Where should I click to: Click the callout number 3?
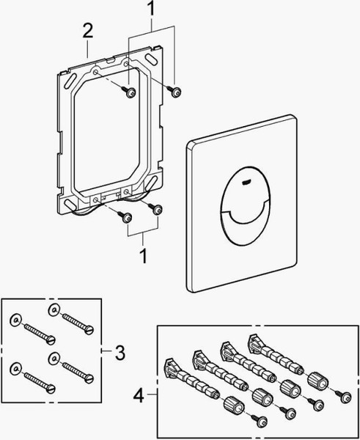tap(120, 353)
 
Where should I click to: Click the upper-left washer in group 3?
tap(16, 321)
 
